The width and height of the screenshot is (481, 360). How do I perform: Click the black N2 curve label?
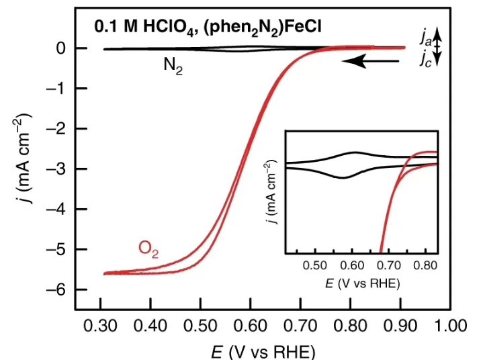coord(173,66)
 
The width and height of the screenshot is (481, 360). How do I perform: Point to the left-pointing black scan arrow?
coord(369,61)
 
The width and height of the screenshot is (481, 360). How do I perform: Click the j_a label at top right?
coord(427,37)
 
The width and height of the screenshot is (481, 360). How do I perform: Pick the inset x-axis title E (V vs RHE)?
coord(363,283)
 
